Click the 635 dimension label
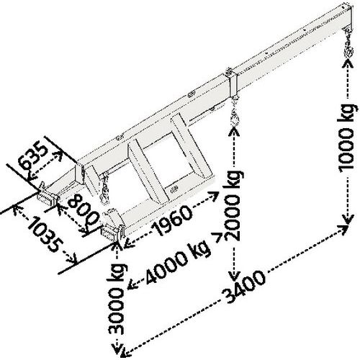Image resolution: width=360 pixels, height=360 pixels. [x=33, y=156]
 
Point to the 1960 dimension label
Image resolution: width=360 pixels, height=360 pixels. [x=174, y=220]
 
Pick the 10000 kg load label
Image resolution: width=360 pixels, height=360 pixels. [x=346, y=138]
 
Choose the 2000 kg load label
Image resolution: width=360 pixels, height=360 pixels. [x=232, y=205]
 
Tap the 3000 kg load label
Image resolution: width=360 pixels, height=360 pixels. [x=117, y=299]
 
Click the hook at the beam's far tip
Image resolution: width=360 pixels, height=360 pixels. [x=348, y=45]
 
